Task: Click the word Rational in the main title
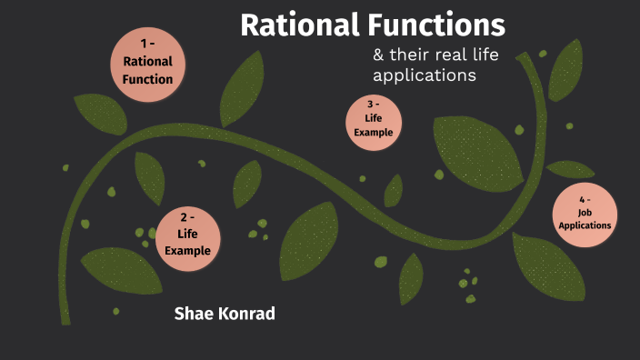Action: point(295,25)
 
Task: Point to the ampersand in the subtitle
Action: point(378,55)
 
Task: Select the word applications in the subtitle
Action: point(425,76)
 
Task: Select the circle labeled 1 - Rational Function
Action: point(147,62)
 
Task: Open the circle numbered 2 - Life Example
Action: point(188,237)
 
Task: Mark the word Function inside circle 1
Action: point(147,79)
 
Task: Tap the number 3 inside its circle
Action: point(370,105)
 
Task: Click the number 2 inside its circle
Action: point(185,218)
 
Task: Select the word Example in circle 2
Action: point(188,251)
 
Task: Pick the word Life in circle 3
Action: point(373,118)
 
